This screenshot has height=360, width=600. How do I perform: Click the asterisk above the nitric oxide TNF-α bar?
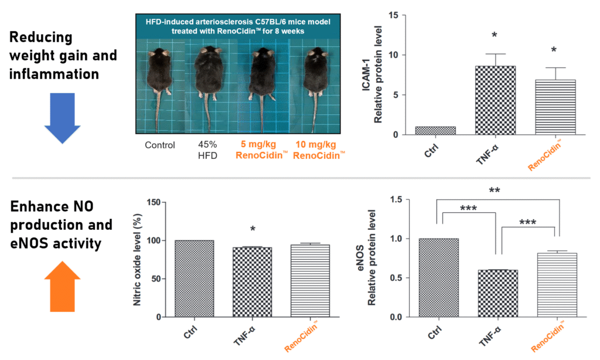point(253,229)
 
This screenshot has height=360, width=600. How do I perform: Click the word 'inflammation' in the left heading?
point(54,74)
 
